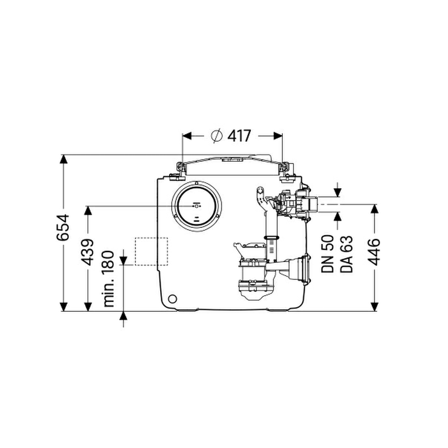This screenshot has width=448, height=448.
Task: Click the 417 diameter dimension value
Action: click(239, 136)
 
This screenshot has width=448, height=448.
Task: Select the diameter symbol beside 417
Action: click(217, 136)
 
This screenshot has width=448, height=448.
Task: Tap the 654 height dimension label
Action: click(63, 227)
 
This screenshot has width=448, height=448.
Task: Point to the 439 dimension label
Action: click(87, 252)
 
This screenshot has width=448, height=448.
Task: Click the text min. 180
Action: click(109, 279)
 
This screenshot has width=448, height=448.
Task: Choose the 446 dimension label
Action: click(375, 252)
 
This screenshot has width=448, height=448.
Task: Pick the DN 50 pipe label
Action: click(328, 254)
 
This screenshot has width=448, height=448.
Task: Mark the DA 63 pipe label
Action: click(347, 254)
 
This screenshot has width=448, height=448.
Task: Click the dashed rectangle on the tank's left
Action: click(151, 251)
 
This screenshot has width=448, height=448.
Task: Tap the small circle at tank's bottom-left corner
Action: click(172, 299)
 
